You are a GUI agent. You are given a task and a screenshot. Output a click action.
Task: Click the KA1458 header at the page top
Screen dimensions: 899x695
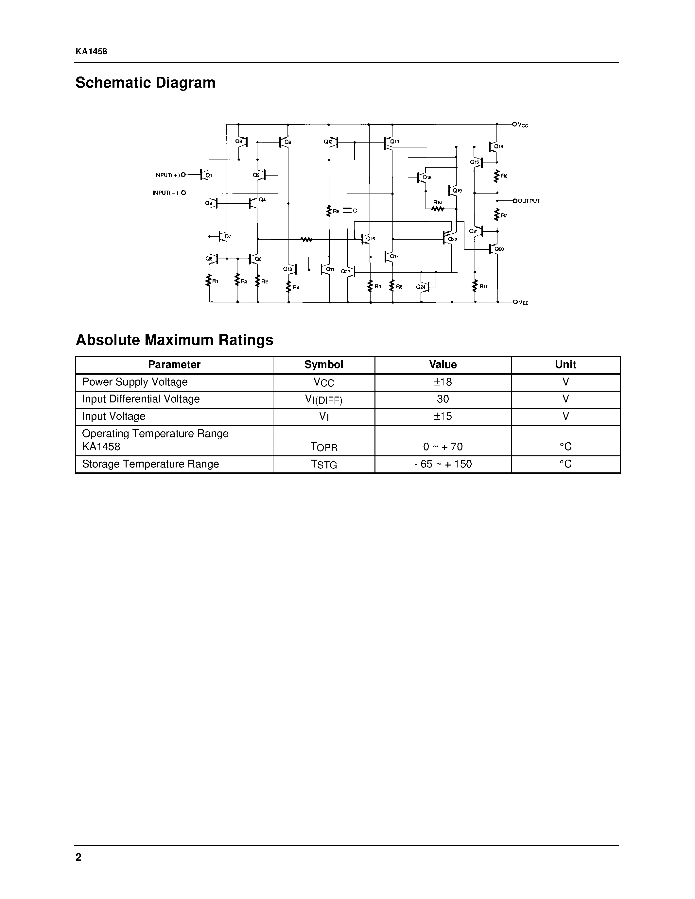pyautogui.click(x=91, y=51)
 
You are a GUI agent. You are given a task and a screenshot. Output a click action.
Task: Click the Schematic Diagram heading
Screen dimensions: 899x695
pyautogui.click(x=145, y=83)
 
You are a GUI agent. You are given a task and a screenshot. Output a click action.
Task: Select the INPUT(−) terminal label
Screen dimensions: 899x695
pyautogui.click(x=165, y=193)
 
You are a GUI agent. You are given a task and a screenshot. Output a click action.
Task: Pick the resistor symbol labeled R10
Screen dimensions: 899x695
pyautogui.click(x=437, y=209)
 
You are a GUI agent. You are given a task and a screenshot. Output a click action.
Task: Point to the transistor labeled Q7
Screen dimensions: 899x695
pyautogui.click(x=223, y=236)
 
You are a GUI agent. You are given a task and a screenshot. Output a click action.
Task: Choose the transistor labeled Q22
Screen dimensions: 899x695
pyautogui.click(x=447, y=238)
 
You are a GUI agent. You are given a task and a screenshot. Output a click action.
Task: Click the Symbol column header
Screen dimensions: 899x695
pyautogui.click(x=323, y=365)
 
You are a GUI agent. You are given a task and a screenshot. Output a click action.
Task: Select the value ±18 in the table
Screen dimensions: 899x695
pyautogui.click(x=443, y=382)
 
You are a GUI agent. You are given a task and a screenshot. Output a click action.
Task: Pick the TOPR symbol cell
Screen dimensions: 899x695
pyautogui.click(x=323, y=447)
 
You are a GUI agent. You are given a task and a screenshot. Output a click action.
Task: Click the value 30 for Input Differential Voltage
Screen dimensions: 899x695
pyautogui.click(x=443, y=399)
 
